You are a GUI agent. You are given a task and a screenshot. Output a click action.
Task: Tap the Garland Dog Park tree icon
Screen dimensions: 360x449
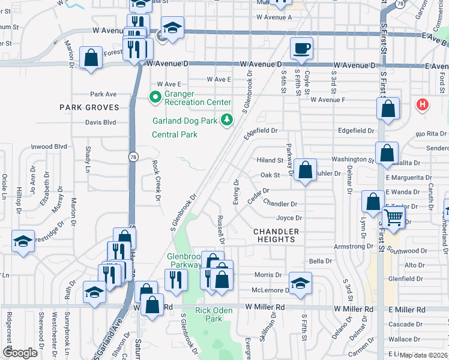coord(226,120)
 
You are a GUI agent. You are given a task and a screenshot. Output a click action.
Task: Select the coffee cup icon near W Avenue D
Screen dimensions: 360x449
coord(301,47)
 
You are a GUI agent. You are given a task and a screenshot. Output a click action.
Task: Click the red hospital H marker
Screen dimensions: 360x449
coord(423,105)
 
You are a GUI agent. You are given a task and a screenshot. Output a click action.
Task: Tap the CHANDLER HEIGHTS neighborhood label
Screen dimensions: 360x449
coord(276,235)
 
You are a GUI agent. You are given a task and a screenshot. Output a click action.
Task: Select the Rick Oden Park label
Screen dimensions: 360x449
coord(209,315)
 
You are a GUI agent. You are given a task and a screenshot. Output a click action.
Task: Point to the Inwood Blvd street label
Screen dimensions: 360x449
coord(49,146)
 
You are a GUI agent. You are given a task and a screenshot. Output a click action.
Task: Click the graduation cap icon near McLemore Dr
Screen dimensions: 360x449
coord(301,282)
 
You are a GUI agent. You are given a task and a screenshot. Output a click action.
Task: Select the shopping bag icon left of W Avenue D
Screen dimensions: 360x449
coord(91,58)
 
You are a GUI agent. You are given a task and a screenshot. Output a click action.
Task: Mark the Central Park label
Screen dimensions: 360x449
coord(175,134)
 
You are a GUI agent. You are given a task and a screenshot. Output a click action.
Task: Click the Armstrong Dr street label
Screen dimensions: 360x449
coord(354,247)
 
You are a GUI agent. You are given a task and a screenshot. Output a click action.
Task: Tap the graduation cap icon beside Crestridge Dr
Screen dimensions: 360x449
coord(23,241)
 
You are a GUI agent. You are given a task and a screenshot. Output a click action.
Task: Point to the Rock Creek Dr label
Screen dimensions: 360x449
coord(157,181)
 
